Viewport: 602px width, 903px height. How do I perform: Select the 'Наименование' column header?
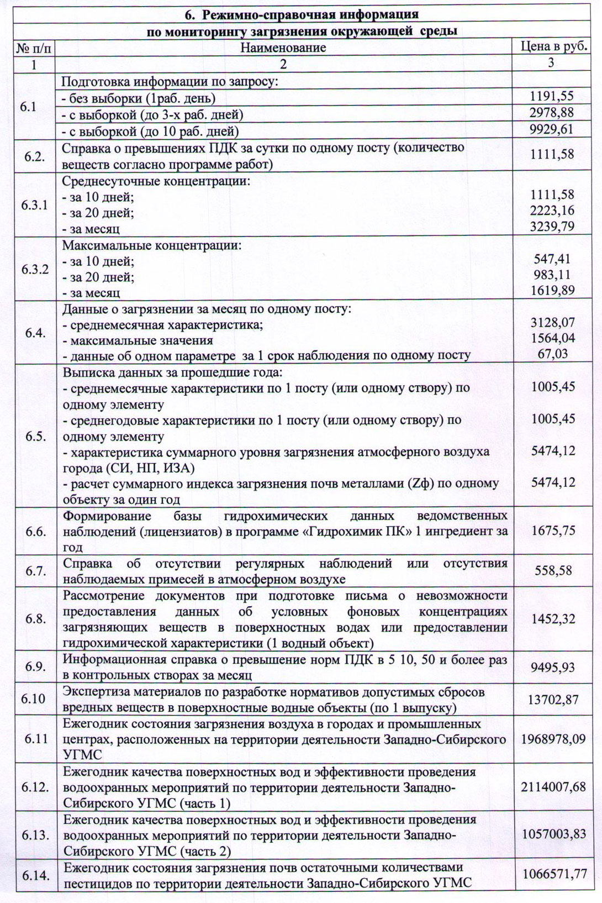coord(283,48)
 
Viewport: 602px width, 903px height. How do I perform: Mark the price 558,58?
coord(553,570)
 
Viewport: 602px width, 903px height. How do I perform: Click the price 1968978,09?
coord(553,738)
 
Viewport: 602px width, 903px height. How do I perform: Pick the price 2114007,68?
coord(553,786)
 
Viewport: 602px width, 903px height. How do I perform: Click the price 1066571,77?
coord(553,874)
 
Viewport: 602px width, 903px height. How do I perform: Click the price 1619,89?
coord(552,290)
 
